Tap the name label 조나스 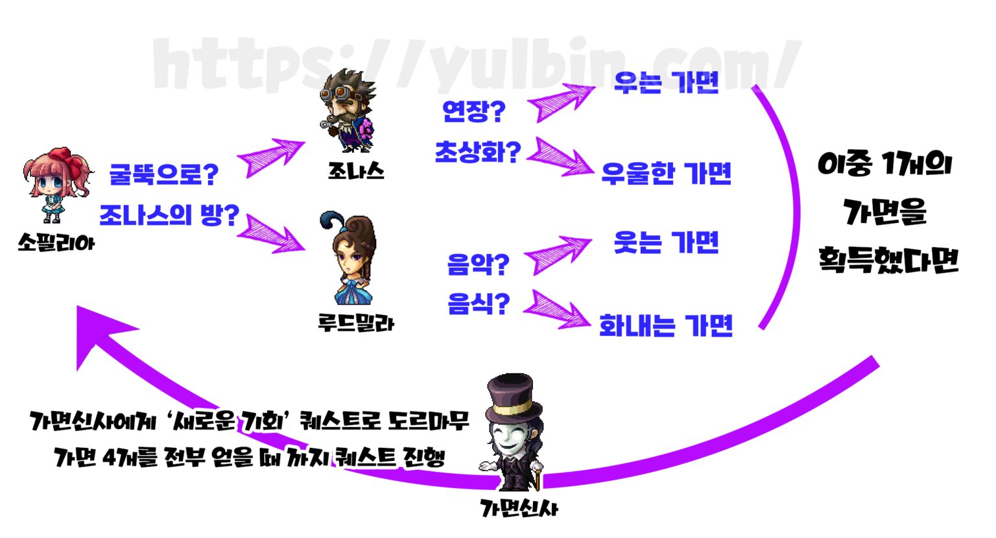356,172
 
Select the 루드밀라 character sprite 350,259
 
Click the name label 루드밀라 356,322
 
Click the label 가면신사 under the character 519,508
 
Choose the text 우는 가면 666,83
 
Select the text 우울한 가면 666,174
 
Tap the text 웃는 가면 666,243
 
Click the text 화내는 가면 666,325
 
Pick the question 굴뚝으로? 163,174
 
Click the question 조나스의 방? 169,215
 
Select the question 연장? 473,111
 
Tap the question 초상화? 477,153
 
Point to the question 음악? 478,264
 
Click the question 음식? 478,303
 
